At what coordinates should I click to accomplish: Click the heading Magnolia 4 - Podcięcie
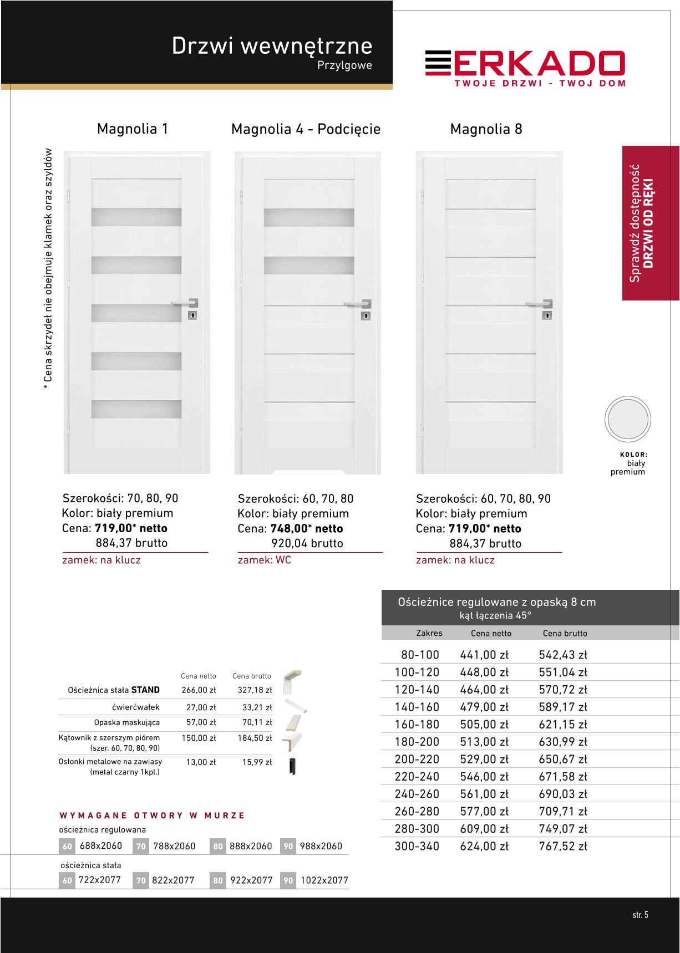tap(306, 129)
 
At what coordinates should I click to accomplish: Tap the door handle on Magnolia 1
tap(185, 303)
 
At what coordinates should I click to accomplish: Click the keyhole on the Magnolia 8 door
tap(547, 315)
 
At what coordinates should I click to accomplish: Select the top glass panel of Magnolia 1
tap(136, 217)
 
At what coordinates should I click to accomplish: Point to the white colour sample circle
tap(627, 419)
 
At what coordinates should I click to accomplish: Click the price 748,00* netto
tap(306, 528)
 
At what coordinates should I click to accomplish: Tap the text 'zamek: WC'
tap(264, 560)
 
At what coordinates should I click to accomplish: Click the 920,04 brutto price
tap(307, 543)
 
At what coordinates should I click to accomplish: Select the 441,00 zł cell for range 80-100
tap(484, 655)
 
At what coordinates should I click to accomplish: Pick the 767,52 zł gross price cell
tap(562, 846)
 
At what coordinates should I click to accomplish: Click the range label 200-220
tap(417, 759)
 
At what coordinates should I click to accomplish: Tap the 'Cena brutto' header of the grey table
tap(565, 633)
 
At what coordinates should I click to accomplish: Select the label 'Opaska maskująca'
tap(126, 722)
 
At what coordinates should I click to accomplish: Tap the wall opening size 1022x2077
tap(324, 880)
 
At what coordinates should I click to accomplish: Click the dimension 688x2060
tap(100, 846)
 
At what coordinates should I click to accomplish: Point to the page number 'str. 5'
tap(640, 915)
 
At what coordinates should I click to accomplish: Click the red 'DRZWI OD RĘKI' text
tap(648, 223)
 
